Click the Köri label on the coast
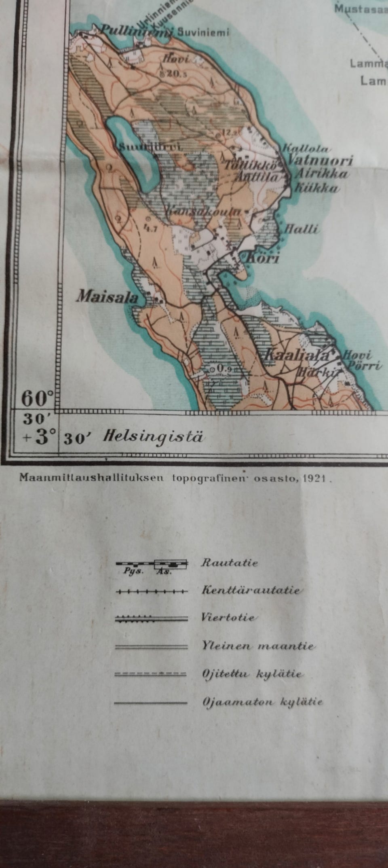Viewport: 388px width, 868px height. coord(263,258)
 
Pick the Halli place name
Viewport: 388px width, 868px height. coord(302,229)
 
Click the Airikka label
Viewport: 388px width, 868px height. coord(322,174)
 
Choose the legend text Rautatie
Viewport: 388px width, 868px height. coord(229,563)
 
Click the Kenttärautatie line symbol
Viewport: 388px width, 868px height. coord(152,591)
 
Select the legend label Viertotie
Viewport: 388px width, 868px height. coord(228,618)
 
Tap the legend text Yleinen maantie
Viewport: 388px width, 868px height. coord(258,646)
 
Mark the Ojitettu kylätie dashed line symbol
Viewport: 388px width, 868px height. coord(151,674)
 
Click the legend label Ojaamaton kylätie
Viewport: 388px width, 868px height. coord(262,702)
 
